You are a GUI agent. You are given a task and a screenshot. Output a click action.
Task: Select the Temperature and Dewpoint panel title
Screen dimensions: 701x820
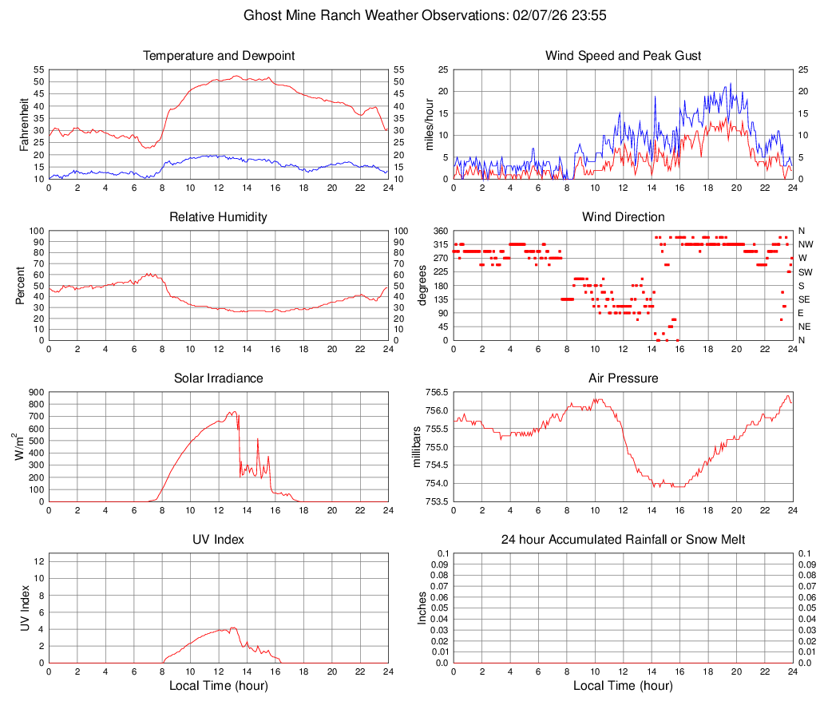click(218, 56)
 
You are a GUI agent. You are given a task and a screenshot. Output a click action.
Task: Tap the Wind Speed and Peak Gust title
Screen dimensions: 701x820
click(623, 56)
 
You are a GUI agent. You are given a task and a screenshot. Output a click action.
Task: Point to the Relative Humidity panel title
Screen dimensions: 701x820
click(218, 217)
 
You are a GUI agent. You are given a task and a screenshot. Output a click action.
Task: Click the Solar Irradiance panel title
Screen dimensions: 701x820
click(218, 378)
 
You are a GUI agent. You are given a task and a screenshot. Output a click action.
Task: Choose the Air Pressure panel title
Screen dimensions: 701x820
click(623, 378)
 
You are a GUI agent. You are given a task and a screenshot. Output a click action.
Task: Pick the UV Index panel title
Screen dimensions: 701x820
click(218, 540)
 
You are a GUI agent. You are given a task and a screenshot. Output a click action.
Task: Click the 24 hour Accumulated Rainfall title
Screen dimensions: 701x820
click(623, 540)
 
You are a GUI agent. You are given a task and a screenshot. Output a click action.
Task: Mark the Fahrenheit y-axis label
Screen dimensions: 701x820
click(24, 125)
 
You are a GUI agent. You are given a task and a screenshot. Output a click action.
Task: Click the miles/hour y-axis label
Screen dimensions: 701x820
click(429, 125)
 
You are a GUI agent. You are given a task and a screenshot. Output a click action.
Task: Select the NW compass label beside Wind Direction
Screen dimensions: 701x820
click(806, 244)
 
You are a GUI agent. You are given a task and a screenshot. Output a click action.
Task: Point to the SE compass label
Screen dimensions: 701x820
click(805, 299)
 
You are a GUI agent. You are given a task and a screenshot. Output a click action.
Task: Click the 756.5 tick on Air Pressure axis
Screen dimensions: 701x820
click(434, 393)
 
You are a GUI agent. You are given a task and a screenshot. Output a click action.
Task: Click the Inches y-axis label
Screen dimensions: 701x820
click(422, 608)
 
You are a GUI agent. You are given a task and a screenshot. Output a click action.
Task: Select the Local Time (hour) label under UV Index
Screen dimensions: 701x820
click(218, 686)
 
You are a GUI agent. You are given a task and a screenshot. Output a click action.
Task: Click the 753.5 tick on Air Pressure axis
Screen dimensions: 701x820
click(434, 502)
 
